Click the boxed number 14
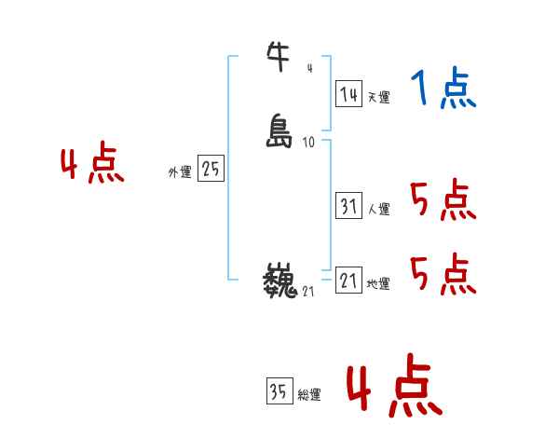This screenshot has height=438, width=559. [348, 93]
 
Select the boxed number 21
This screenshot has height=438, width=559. [348, 280]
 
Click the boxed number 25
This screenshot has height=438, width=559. [211, 169]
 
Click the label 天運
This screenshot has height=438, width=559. [378, 97]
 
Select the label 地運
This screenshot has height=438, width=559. [378, 283]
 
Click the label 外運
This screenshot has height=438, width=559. [180, 172]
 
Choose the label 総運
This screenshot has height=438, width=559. [309, 395]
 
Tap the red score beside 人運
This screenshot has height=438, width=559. [443, 199]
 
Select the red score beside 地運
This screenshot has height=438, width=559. [443, 273]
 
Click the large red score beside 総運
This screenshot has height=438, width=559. [394, 388]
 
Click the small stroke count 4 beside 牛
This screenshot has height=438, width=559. [309, 68]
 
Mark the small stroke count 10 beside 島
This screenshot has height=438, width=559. [308, 143]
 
